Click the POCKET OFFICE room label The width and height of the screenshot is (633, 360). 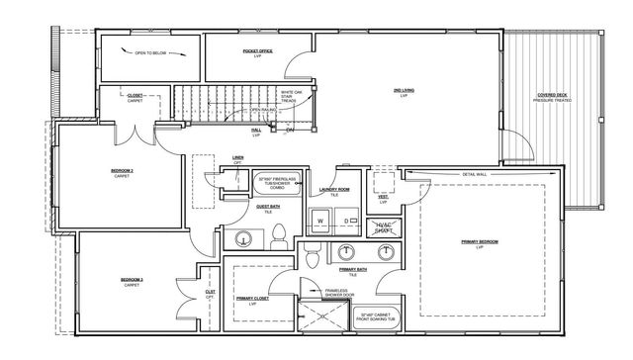[x=257, y=51]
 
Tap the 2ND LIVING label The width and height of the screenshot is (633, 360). [x=404, y=91]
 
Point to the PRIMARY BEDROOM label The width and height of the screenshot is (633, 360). [x=481, y=243]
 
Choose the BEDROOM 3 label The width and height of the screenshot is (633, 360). [x=133, y=282]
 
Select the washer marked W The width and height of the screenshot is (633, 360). [x=320, y=221]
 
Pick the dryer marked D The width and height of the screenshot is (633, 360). [x=346, y=221]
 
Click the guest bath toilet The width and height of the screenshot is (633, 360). [x=279, y=234]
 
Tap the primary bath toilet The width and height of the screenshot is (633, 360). [x=312, y=258]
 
